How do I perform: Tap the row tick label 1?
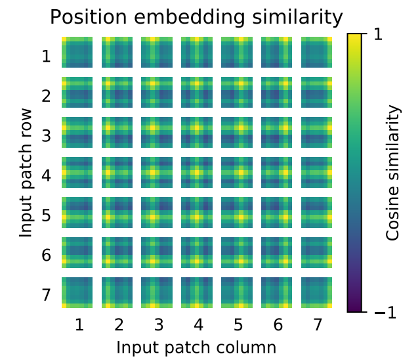46,56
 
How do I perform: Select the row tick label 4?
46,175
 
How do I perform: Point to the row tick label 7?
46,294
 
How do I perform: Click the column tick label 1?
78,325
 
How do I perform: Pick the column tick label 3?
157,325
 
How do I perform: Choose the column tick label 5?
238,325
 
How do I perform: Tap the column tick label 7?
317,325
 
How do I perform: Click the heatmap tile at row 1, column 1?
78,53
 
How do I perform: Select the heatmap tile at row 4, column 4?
198,172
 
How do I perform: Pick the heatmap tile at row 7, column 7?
317,292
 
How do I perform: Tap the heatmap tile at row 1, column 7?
317,53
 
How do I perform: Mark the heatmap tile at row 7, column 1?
78,292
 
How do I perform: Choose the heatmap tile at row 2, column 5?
238,93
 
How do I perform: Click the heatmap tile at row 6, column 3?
157,252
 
